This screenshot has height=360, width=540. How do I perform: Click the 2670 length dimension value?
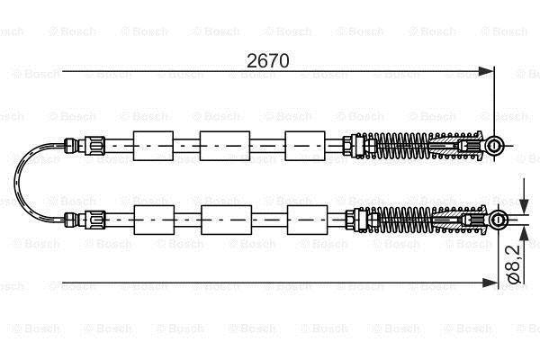pos(268,60)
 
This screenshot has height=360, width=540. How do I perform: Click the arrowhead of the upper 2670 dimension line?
pos(486,72)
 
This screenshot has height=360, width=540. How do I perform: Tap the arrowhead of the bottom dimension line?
pos(490,283)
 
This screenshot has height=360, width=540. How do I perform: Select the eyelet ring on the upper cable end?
pos(494,146)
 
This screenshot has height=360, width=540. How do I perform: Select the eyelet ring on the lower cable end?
pos(498,220)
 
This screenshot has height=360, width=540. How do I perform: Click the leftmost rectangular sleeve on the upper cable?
pos(153,146)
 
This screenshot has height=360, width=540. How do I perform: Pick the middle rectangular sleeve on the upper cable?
pos(225,146)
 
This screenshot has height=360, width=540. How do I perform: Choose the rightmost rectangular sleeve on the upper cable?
pos(305,146)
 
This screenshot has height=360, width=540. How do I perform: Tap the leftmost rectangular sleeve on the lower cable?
pos(154,220)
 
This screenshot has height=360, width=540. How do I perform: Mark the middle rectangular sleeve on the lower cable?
pos(226,220)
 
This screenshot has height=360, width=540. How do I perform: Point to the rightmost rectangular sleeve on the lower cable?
pos(307,220)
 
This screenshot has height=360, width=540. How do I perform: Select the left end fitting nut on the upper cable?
pos(94,146)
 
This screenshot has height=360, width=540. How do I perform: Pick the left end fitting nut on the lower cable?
pos(95,220)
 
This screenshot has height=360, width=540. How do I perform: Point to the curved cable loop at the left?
pos(15,183)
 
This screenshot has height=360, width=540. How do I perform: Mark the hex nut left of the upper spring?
pos(347,146)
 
